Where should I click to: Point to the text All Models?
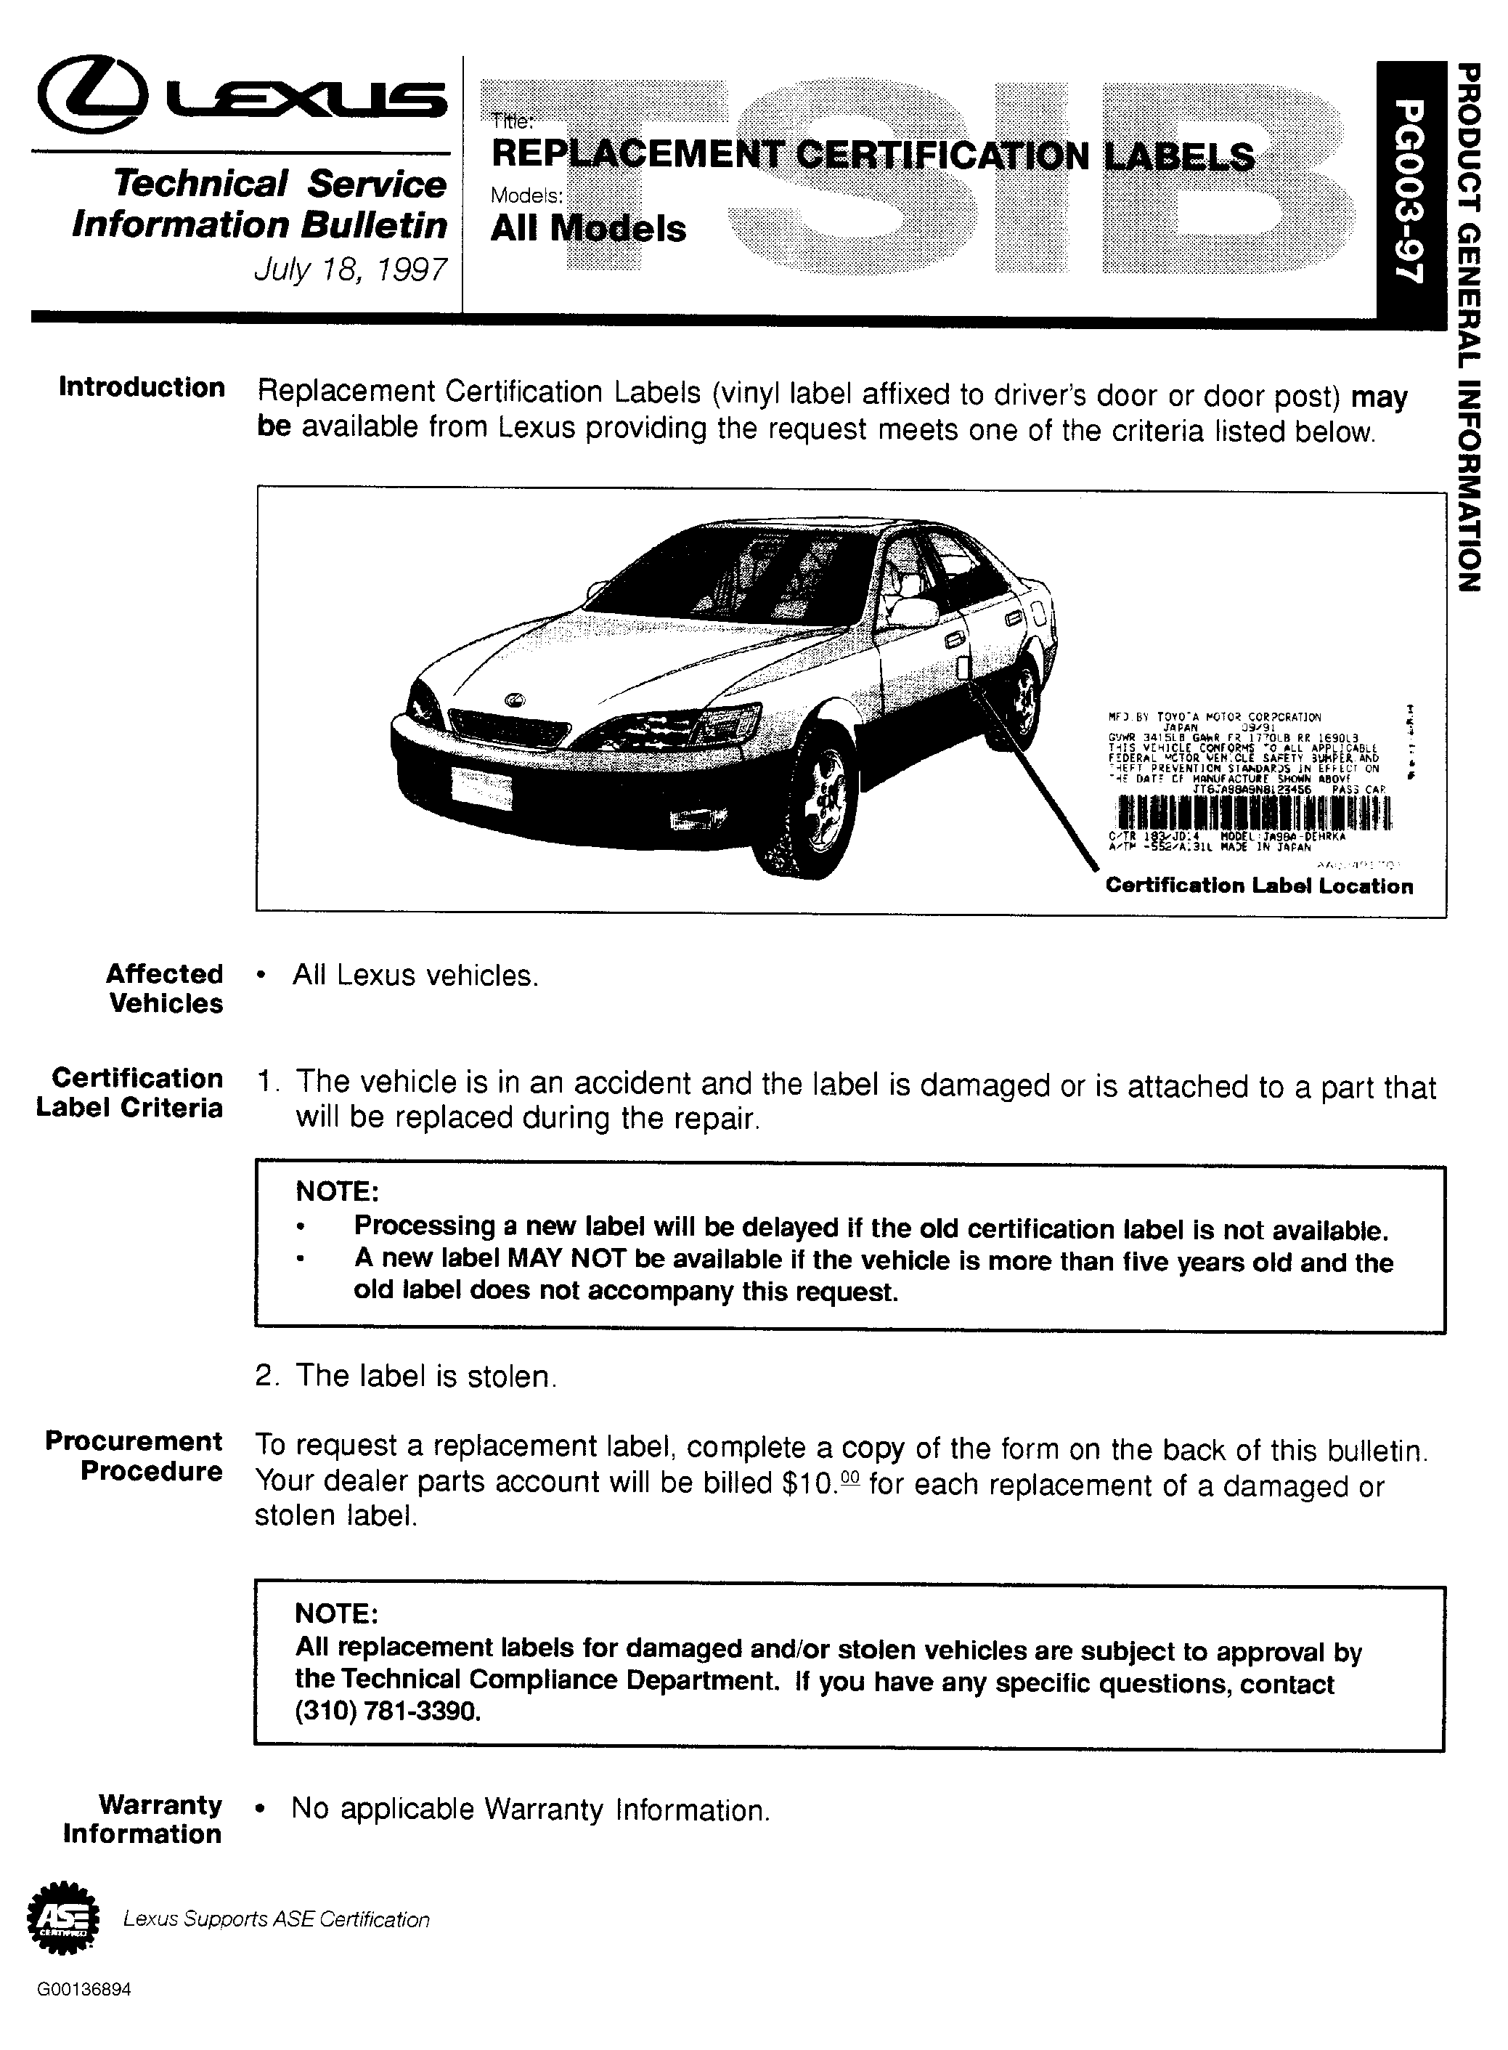click(x=588, y=228)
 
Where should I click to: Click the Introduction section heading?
click(x=142, y=387)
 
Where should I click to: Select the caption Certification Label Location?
click(x=1259, y=886)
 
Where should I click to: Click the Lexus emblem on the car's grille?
click(x=517, y=700)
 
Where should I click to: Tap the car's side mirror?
click(x=913, y=612)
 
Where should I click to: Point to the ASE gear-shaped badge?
click(x=62, y=1919)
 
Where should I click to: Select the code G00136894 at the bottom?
click(x=84, y=1990)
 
